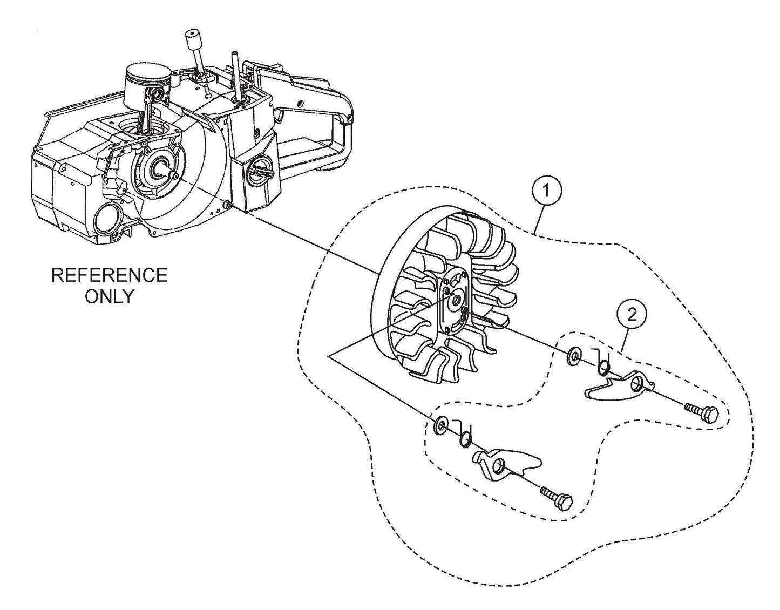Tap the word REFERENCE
point(109,275)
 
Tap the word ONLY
point(109,296)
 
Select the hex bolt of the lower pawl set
point(556,499)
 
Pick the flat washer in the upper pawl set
point(573,356)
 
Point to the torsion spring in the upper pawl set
point(602,367)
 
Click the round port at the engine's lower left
point(106,219)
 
